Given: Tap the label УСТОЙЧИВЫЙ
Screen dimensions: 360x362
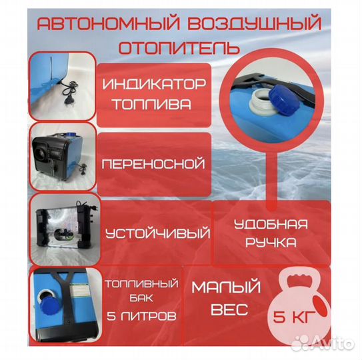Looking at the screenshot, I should [157, 233].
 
